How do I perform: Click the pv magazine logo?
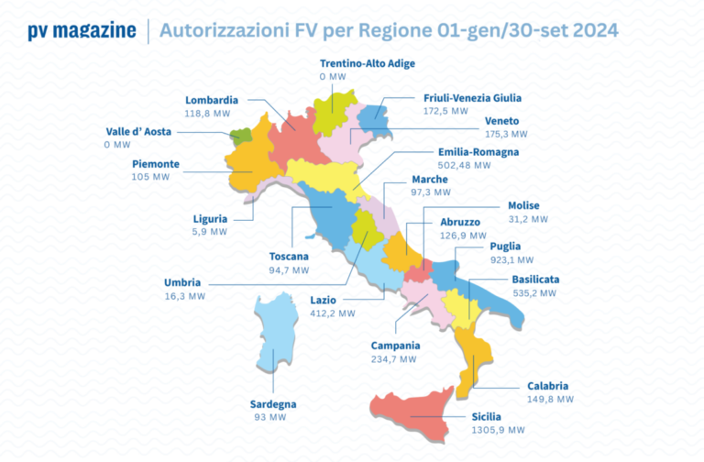(x=82, y=30)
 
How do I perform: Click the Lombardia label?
(x=212, y=100)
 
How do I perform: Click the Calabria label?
(x=547, y=386)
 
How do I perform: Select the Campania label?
(x=395, y=346)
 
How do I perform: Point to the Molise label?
(x=523, y=205)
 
